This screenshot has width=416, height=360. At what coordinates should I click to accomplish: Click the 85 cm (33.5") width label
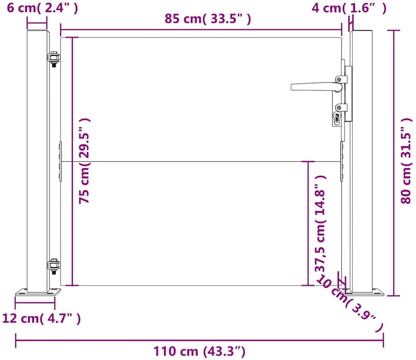pyautogui.click(x=208, y=19)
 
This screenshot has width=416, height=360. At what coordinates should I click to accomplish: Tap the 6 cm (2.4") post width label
pyautogui.click(x=43, y=8)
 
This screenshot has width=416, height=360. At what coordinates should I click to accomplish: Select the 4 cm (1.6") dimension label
pyautogui.click(x=349, y=8)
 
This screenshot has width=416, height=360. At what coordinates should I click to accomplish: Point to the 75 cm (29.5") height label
pyautogui.click(x=84, y=161)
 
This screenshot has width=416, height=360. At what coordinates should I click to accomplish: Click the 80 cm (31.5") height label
pyautogui.click(x=406, y=161)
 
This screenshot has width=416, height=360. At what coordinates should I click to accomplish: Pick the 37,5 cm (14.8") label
pyautogui.click(x=320, y=223)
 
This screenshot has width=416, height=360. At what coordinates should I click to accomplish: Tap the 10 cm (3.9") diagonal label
pyautogui.click(x=350, y=303)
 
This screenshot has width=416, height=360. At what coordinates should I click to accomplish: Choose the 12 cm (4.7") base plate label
pyautogui.click(x=41, y=318)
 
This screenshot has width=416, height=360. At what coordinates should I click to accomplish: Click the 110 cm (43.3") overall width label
pyautogui.click(x=199, y=351)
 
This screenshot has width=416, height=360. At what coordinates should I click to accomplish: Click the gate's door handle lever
pyautogui.click(x=316, y=87)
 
